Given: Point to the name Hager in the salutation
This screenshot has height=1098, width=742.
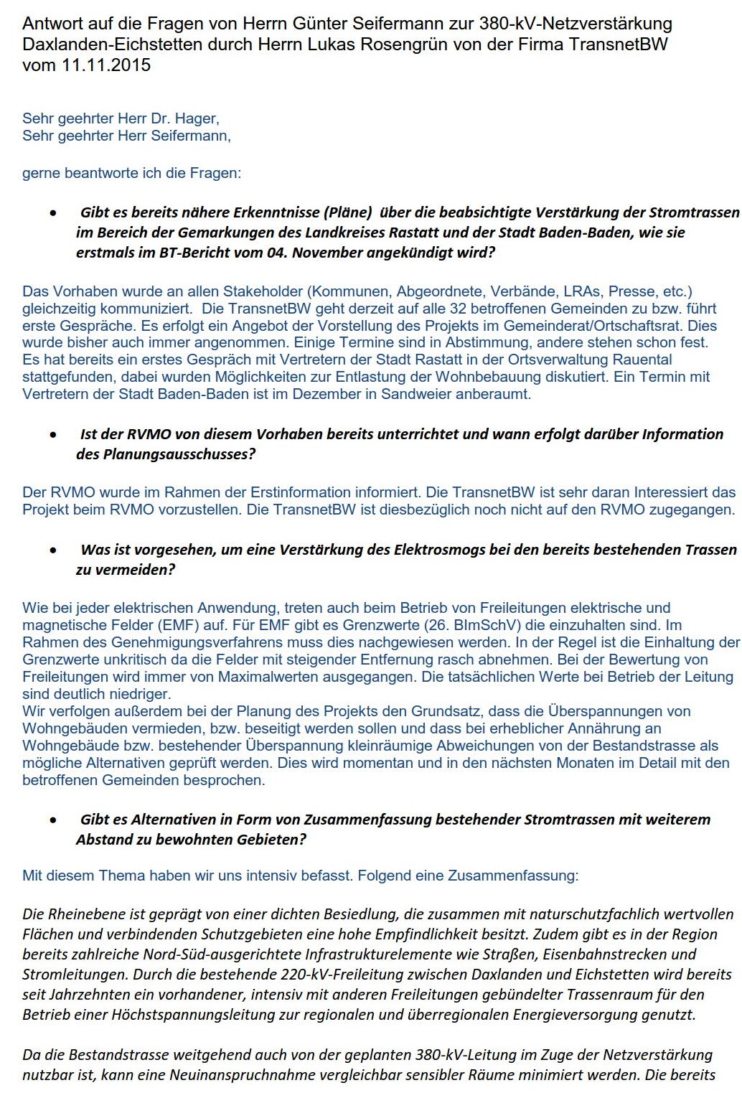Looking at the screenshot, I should [197, 118].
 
